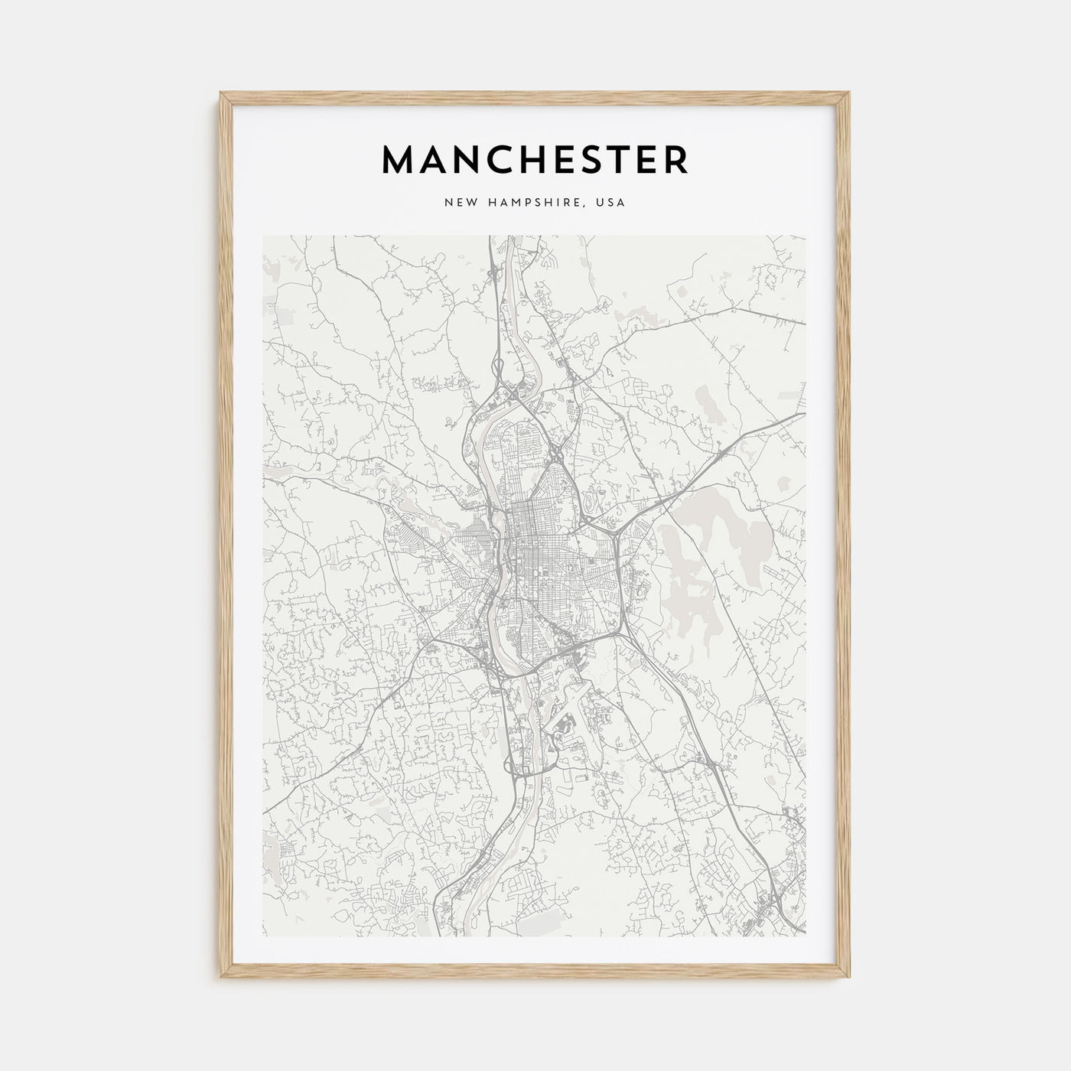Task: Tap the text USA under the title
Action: click(x=612, y=203)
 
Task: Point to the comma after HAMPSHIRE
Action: click(x=591, y=207)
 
